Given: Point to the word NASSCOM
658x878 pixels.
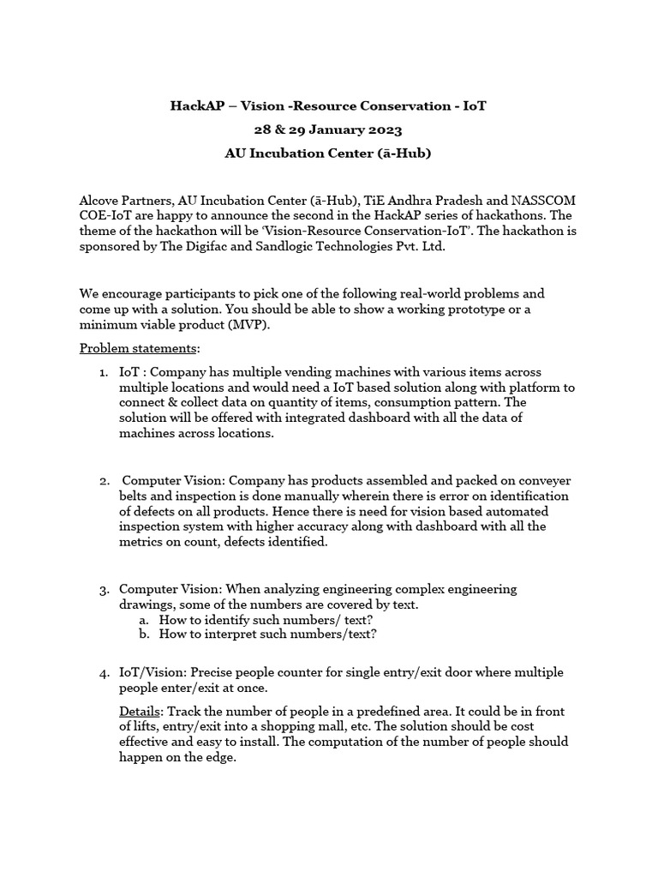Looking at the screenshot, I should pos(543,199).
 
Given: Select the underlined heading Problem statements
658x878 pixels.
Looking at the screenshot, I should pos(139,348).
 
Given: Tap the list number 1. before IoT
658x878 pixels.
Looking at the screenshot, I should pos(103,372).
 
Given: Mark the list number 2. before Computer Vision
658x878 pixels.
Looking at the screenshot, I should pos(103,481).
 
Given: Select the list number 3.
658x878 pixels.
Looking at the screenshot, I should pos(103,590).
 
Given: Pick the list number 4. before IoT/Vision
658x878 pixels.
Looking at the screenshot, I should pos(103,673).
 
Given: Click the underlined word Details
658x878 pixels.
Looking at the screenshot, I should pos(139,713).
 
